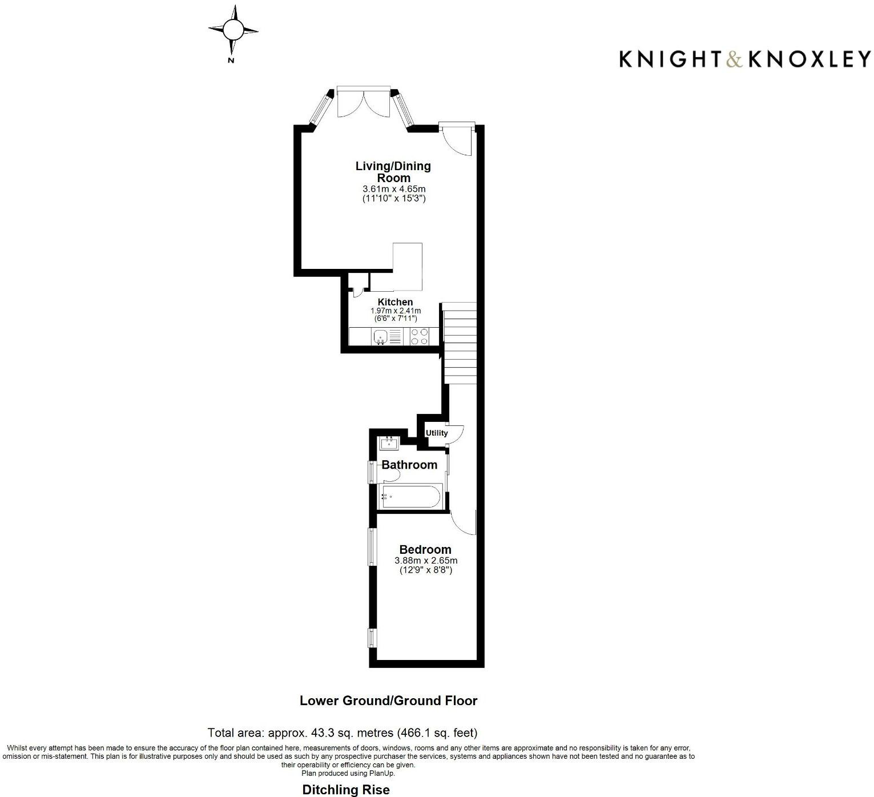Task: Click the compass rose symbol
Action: [x=232, y=30]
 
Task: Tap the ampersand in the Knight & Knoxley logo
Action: [x=734, y=59]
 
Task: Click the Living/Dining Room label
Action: [x=393, y=172]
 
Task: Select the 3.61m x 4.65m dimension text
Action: [x=394, y=189]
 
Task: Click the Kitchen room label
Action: [x=395, y=302]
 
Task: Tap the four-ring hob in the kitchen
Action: [x=420, y=337]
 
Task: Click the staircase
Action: [x=460, y=343]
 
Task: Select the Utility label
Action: [x=437, y=433]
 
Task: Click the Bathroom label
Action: [x=409, y=465]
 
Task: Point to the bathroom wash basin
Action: [x=389, y=442]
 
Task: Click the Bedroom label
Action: [x=425, y=550]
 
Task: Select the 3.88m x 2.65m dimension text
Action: [x=426, y=561]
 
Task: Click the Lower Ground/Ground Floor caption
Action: [x=388, y=701]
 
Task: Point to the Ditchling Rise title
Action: [x=346, y=790]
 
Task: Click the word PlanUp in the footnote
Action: [x=382, y=774]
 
